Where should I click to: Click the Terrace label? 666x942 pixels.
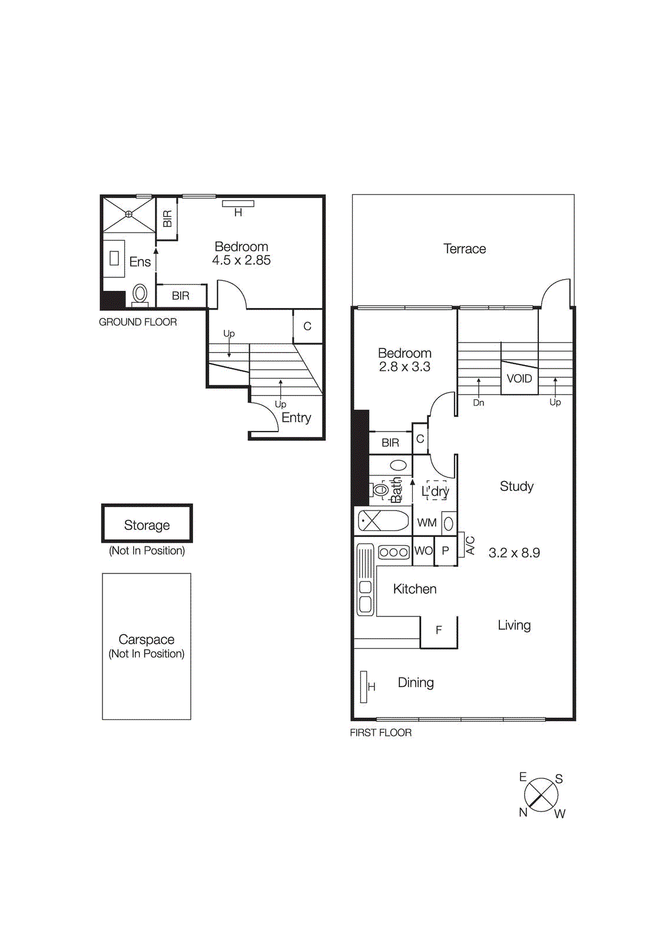pyautogui.click(x=464, y=249)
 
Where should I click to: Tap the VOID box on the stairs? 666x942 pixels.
pyautogui.click(x=519, y=379)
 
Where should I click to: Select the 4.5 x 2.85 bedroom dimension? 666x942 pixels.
pyautogui.click(x=241, y=260)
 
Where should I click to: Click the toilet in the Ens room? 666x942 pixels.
pyautogui.click(x=140, y=293)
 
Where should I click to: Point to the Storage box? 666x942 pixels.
pyautogui.click(x=147, y=523)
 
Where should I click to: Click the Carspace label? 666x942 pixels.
pyautogui.click(x=147, y=639)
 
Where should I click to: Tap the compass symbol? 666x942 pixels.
pyautogui.click(x=541, y=794)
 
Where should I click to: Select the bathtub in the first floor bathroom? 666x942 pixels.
pyautogui.click(x=384, y=521)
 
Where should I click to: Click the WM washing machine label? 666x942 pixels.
pyautogui.click(x=427, y=523)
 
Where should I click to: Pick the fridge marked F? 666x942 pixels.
pyautogui.click(x=439, y=631)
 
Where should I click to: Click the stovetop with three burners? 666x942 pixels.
pyautogui.click(x=394, y=552)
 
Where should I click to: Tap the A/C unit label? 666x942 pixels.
pyautogui.click(x=470, y=546)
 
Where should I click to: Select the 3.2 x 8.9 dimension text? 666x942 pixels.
pyautogui.click(x=514, y=553)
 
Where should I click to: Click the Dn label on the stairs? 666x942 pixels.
pyautogui.click(x=479, y=403)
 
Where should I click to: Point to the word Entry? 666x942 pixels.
pyautogui.click(x=296, y=418)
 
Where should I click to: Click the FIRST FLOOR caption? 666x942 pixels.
pyautogui.click(x=380, y=732)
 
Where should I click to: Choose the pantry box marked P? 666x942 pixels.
pyautogui.click(x=445, y=551)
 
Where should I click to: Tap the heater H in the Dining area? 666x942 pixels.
pyautogui.click(x=365, y=686)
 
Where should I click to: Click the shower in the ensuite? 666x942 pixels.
pyautogui.click(x=128, y=214)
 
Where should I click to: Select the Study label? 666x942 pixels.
pyautogui.click(x=516, y=486)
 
